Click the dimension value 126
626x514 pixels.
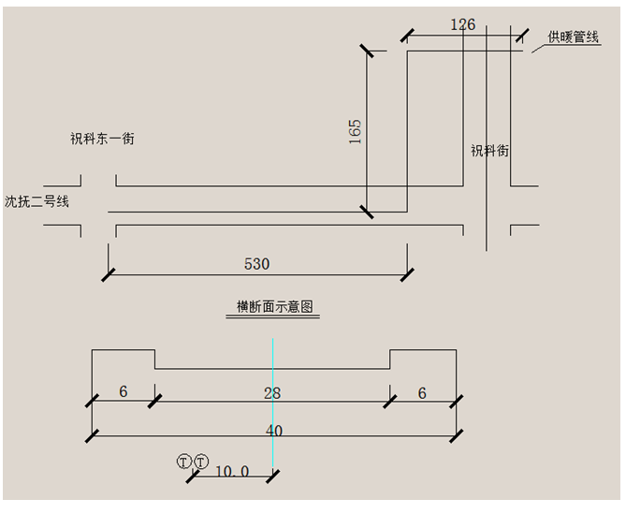pyautogui.click(x=462, y=24)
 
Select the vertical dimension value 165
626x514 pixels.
pyautogui.click(x=355, y=130)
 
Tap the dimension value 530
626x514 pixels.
pyautogui.click(x=256, y=264)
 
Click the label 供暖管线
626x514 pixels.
pyautogui.click(x=573, y=37)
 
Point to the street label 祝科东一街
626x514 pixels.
pyautogui.click(x=102, y=139)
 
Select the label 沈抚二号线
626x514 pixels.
pyautogui.click(x=36, y=200)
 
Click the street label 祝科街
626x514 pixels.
pyautogui.click(x=489, y=150)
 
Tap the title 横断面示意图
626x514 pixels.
pyautogui.click(x=273, y=307)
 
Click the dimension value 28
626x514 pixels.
pyautogui.click(x=271, y=393)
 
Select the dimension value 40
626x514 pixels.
pyautogui.click(x=274, y=431)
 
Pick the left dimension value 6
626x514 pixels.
pyautogui.click(x=123, y=393)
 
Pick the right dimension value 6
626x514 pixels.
pyautogui.click(x=422, y=393)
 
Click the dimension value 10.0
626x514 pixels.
pyautogui.click(x=232, y=472)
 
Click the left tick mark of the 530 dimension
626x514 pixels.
pyautogui.click(x=109, y=274)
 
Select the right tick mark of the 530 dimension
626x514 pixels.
pyautogui.click(x=407, y=274)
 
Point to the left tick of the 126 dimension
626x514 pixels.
pyautogui.click(x=407, y=36)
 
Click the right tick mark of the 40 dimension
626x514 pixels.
pyautogui.click(x=456, y=436)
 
